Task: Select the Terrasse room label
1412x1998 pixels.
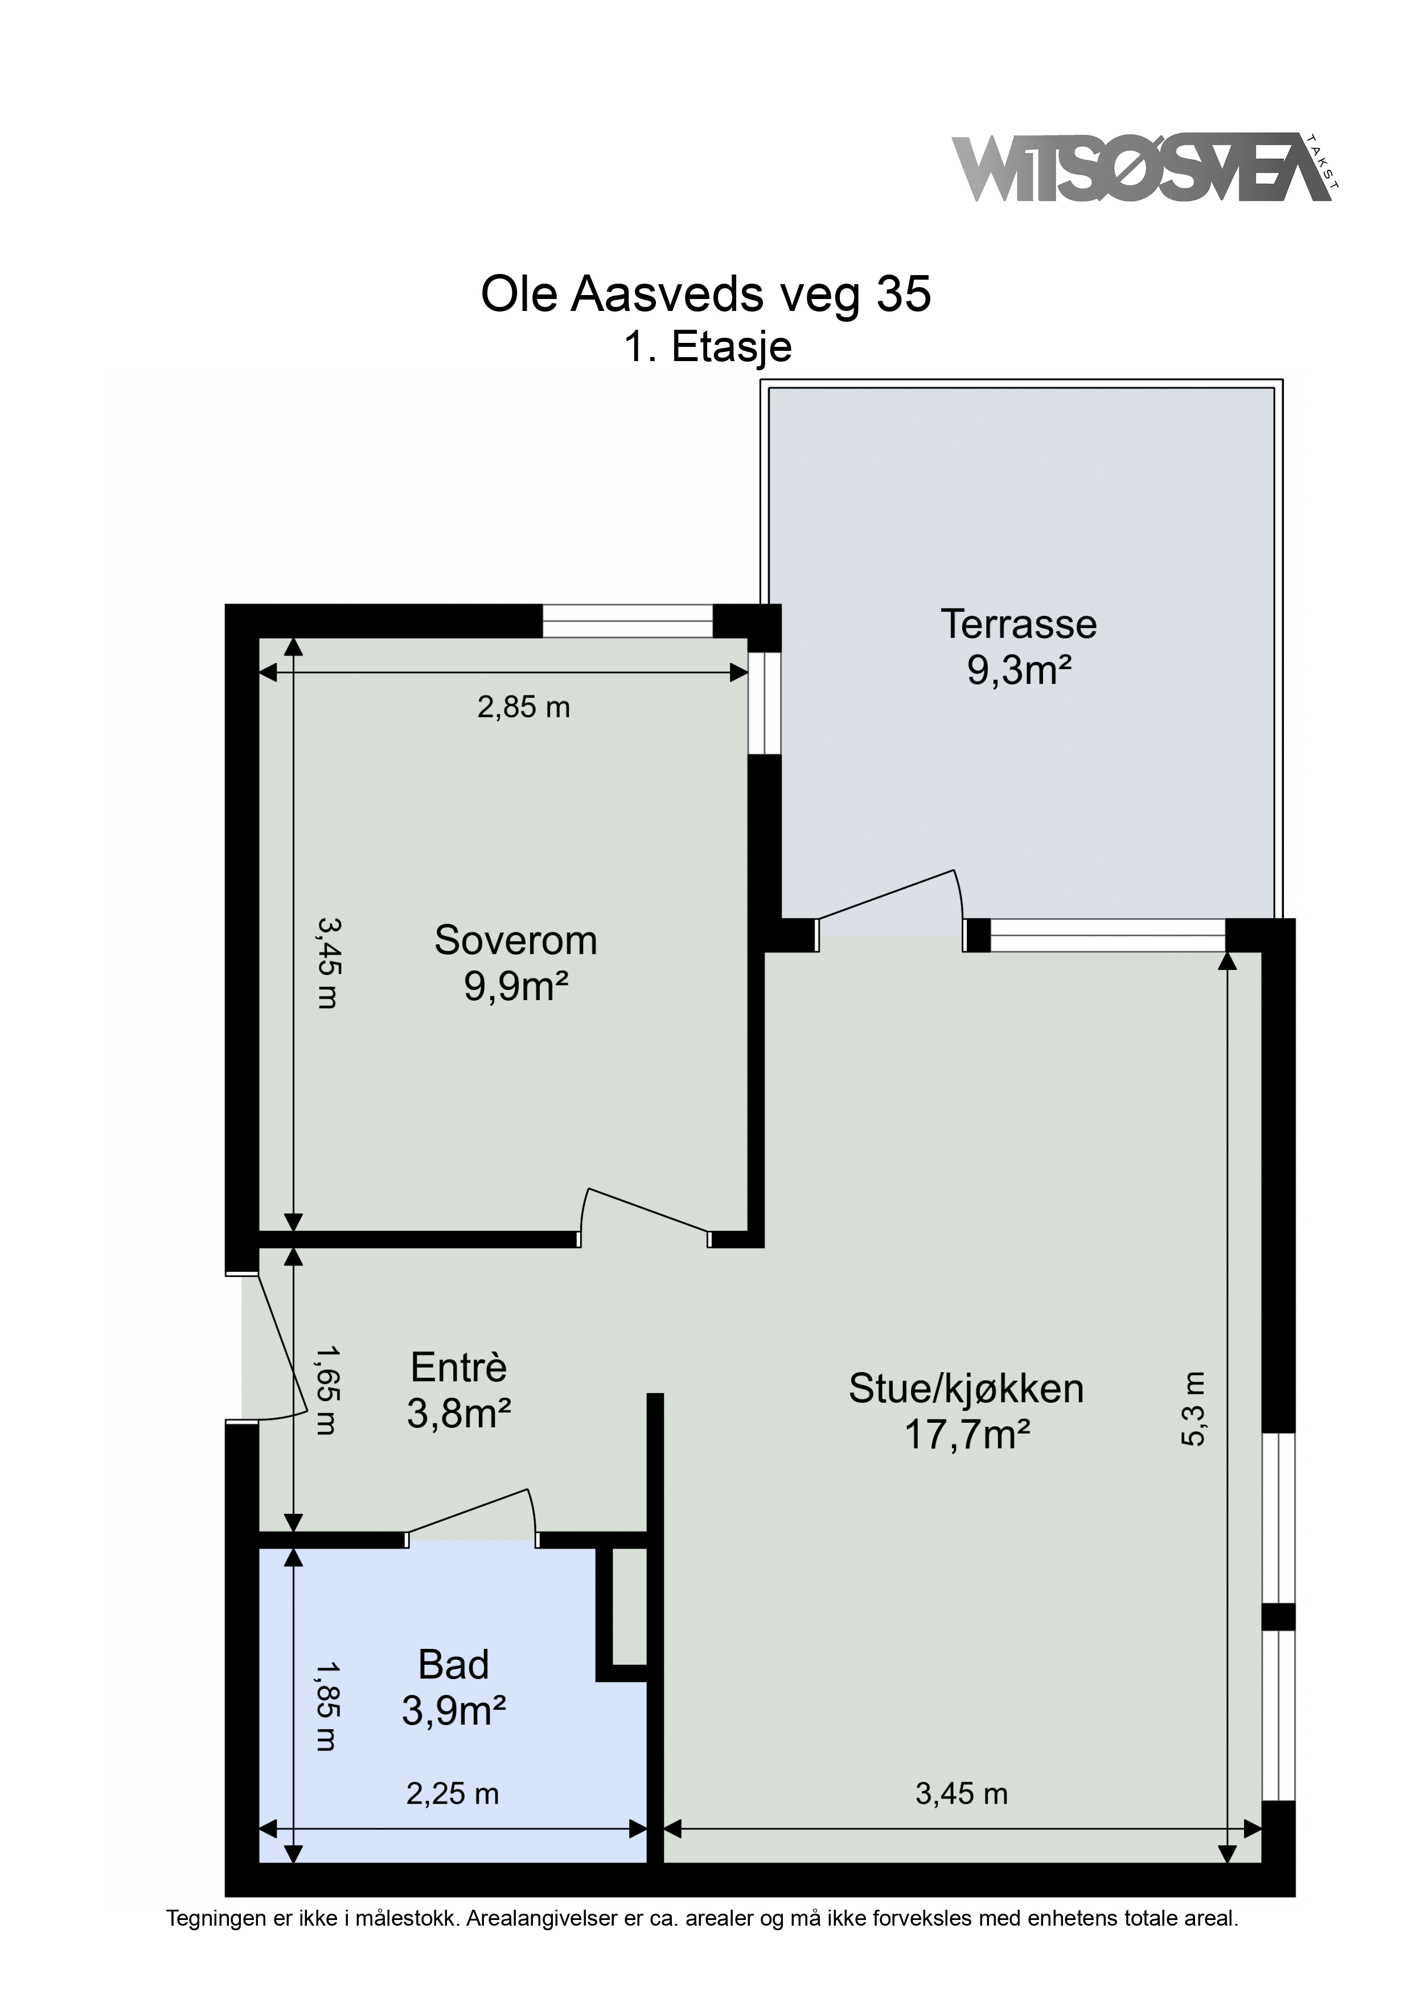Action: pos(1018,625)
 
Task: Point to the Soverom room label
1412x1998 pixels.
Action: pos(515,941)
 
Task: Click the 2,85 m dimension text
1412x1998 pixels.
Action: pos(524,707)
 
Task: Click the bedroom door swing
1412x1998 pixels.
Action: pos(648,1210)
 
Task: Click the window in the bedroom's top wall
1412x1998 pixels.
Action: pos(627,621)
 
